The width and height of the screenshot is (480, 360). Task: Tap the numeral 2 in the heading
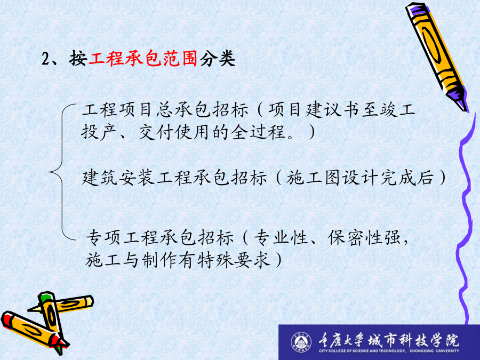point(46,58)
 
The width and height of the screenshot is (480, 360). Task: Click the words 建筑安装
point(118,178)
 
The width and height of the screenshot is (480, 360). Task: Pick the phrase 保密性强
point(364,237)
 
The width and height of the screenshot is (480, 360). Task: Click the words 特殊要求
point(234,260)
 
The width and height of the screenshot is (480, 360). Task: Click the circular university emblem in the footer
point(301,342)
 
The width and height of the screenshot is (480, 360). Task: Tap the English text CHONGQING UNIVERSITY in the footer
point(434,351)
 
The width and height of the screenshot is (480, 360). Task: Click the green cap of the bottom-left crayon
point(45,297)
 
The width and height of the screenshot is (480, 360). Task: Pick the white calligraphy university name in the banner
point(388,340)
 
